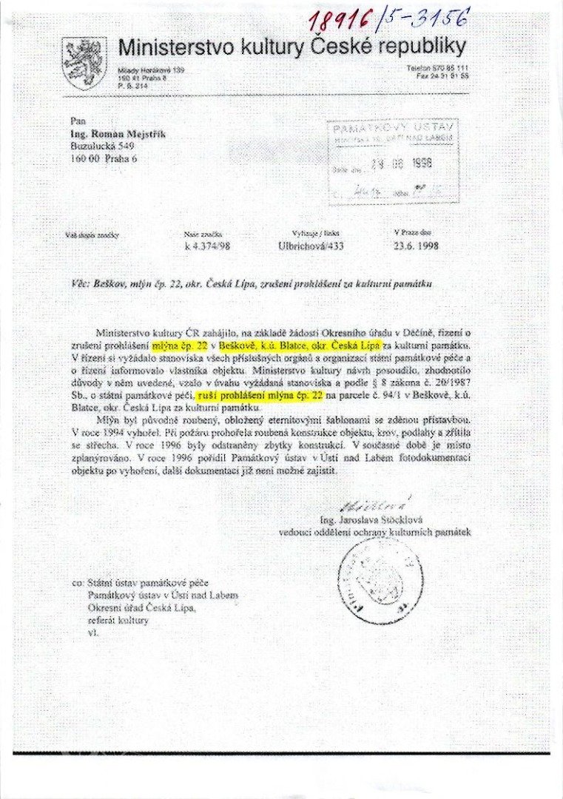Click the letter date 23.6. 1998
point(417,246)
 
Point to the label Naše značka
point(198,235)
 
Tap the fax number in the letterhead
point(442,75)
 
